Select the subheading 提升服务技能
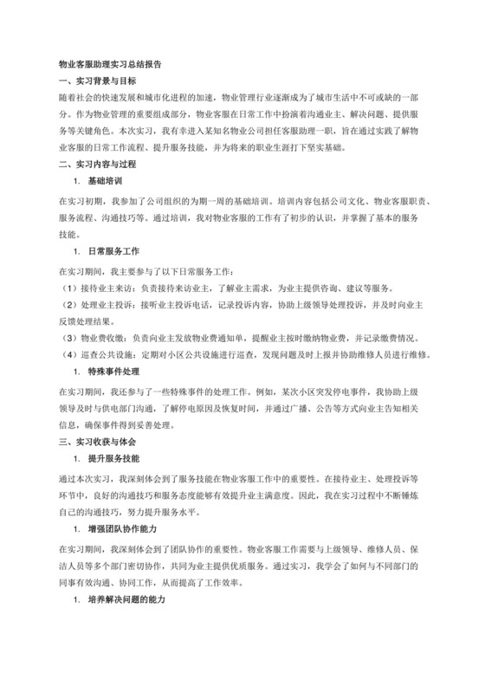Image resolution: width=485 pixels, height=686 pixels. [114, 456]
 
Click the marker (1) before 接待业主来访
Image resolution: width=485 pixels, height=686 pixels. [68, 288]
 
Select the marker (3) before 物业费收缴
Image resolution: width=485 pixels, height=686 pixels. [68, 335]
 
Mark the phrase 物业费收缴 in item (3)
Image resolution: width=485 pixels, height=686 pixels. [99, 335]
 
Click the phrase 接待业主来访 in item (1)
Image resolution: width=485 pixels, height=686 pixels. [103, 288]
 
